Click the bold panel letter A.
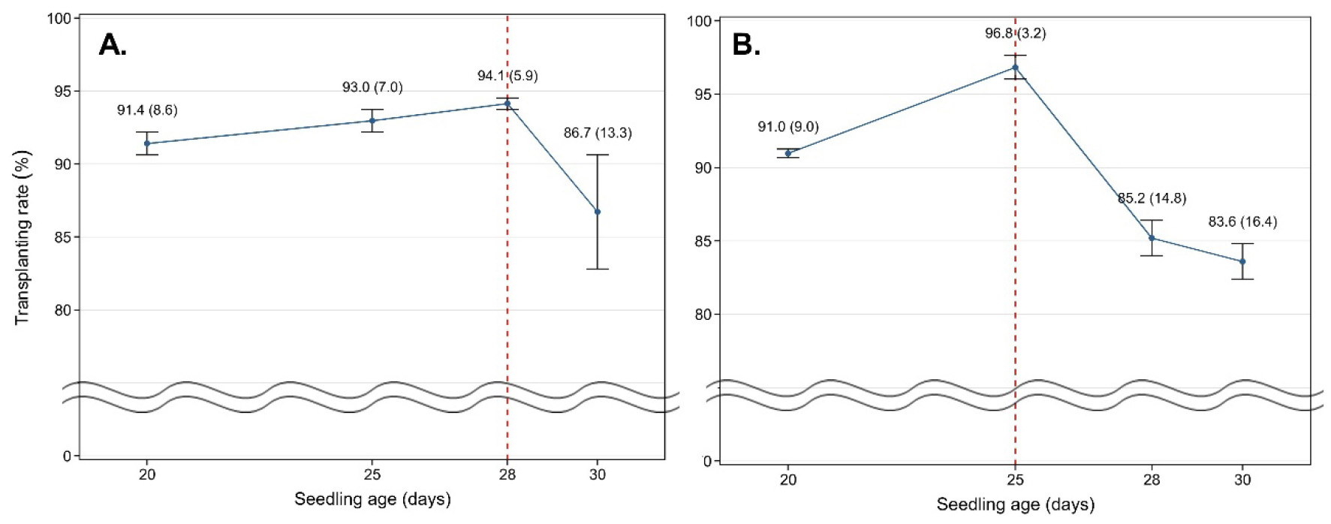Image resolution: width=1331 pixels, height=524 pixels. (113, 45)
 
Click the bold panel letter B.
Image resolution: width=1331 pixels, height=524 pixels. (746, 45)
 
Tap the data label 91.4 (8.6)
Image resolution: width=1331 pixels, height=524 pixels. (147, 110)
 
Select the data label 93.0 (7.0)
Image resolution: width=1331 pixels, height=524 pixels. (372, 88)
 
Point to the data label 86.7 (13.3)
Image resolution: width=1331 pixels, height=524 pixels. (598, 133)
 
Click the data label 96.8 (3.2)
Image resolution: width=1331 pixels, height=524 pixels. (1015, 33)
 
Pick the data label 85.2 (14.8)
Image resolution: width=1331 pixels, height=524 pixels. (1152, 199)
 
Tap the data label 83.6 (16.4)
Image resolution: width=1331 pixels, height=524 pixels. (1242, 221)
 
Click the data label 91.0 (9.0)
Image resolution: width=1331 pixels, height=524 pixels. (788, 127)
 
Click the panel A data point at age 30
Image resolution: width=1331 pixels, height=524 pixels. (598, 212)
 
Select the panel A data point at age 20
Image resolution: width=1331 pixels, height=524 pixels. (147, 143)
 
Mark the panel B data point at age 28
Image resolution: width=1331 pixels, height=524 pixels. (1152, 238)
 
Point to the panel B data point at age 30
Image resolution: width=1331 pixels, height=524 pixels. (1242, 261)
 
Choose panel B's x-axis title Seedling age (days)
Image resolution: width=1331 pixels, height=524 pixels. (1015, 504)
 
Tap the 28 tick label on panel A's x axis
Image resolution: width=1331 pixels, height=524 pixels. (507, 474)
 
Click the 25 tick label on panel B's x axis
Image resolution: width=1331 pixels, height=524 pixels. (1015, 479)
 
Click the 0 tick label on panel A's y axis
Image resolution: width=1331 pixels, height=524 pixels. (68, 456)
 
